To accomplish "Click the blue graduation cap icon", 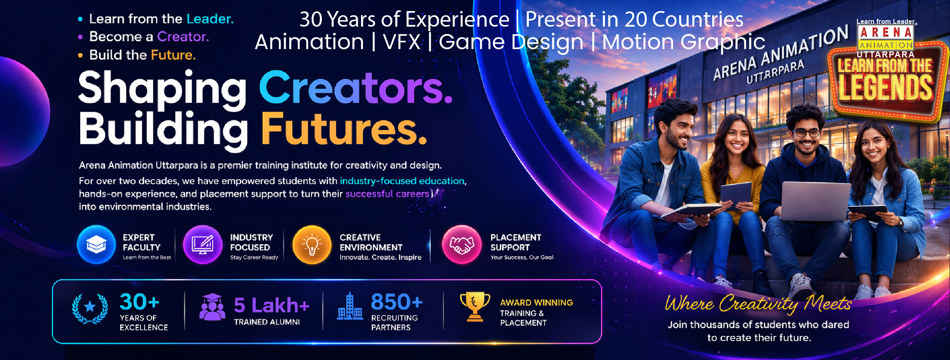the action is pos(96,244).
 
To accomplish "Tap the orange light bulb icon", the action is pos(312,244).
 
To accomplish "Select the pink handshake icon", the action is pos(461,244).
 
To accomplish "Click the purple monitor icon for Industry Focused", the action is pos(203,244).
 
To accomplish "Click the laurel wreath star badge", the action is pos(90,309).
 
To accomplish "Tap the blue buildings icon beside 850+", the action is pos(350,306).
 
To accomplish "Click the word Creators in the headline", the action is pos(356,88).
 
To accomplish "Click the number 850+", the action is pos(397,302).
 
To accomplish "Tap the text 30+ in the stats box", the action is pos(139,302).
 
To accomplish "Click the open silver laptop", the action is pos(815,201).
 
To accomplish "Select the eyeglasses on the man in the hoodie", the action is pos(806,133).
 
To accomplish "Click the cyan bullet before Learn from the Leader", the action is pos(80,19).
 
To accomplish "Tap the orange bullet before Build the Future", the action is pos(80,56).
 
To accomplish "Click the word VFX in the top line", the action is pos(402,42).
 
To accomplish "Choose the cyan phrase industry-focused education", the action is pos(402,181).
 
